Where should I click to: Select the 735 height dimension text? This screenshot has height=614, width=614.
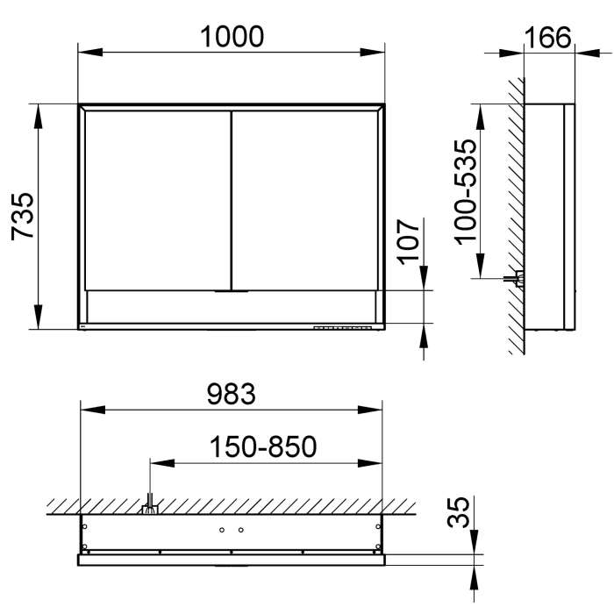coord(23,216)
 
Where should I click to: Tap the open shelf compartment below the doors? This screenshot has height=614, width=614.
coord(232,306)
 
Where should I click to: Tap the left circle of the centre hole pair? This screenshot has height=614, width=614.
coord(223,531)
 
